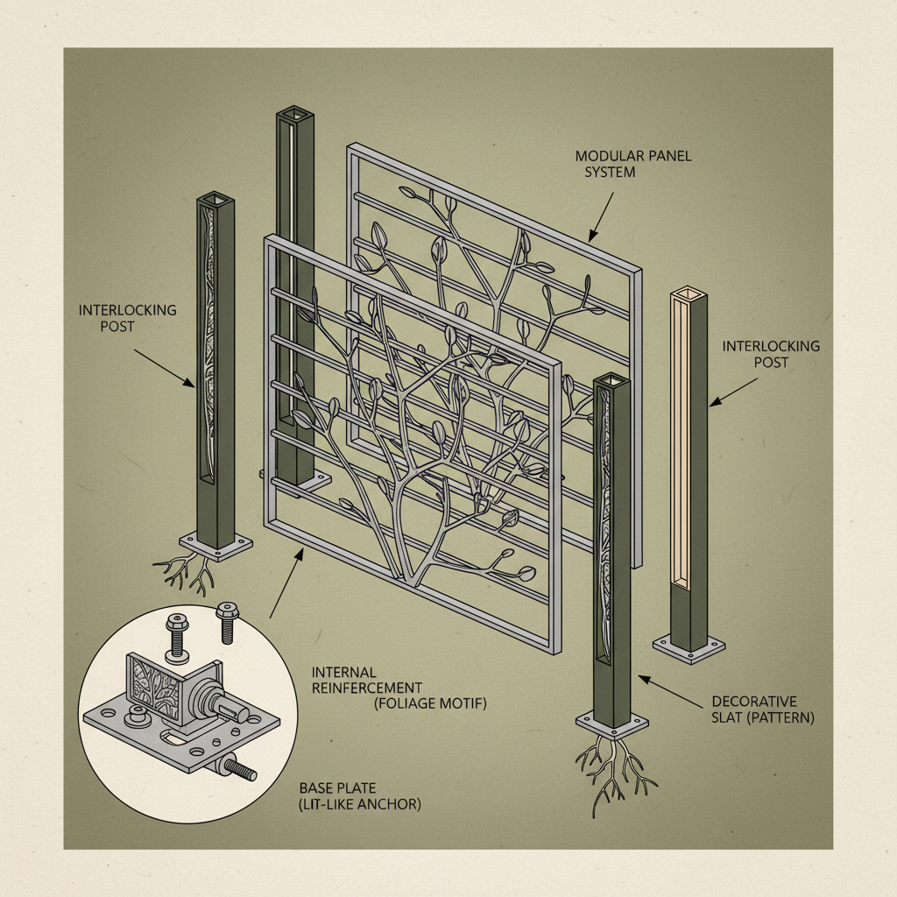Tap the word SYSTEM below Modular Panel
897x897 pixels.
point(610,173)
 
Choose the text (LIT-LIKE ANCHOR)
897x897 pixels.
point(360,803)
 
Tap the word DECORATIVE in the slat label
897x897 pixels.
point(754,702)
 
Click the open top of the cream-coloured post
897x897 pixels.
point(688,294)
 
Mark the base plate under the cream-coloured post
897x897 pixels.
point(689,646)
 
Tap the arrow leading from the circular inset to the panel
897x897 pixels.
point(285,583)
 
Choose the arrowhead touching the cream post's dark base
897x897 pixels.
point(714,402)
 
